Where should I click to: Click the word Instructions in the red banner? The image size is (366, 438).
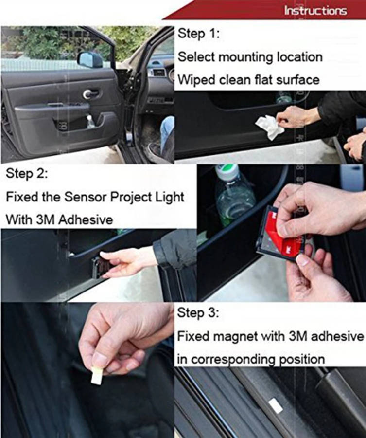315,11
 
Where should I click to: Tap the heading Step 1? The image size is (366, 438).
199,34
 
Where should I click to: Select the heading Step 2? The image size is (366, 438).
27,174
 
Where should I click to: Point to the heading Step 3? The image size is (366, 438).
198,313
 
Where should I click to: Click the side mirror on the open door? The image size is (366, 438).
90,59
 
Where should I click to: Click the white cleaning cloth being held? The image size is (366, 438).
269,128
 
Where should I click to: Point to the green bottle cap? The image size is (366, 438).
227,172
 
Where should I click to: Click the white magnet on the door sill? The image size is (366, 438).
276,405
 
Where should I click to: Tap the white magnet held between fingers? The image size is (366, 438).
97,375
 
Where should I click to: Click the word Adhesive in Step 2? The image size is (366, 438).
86,219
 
